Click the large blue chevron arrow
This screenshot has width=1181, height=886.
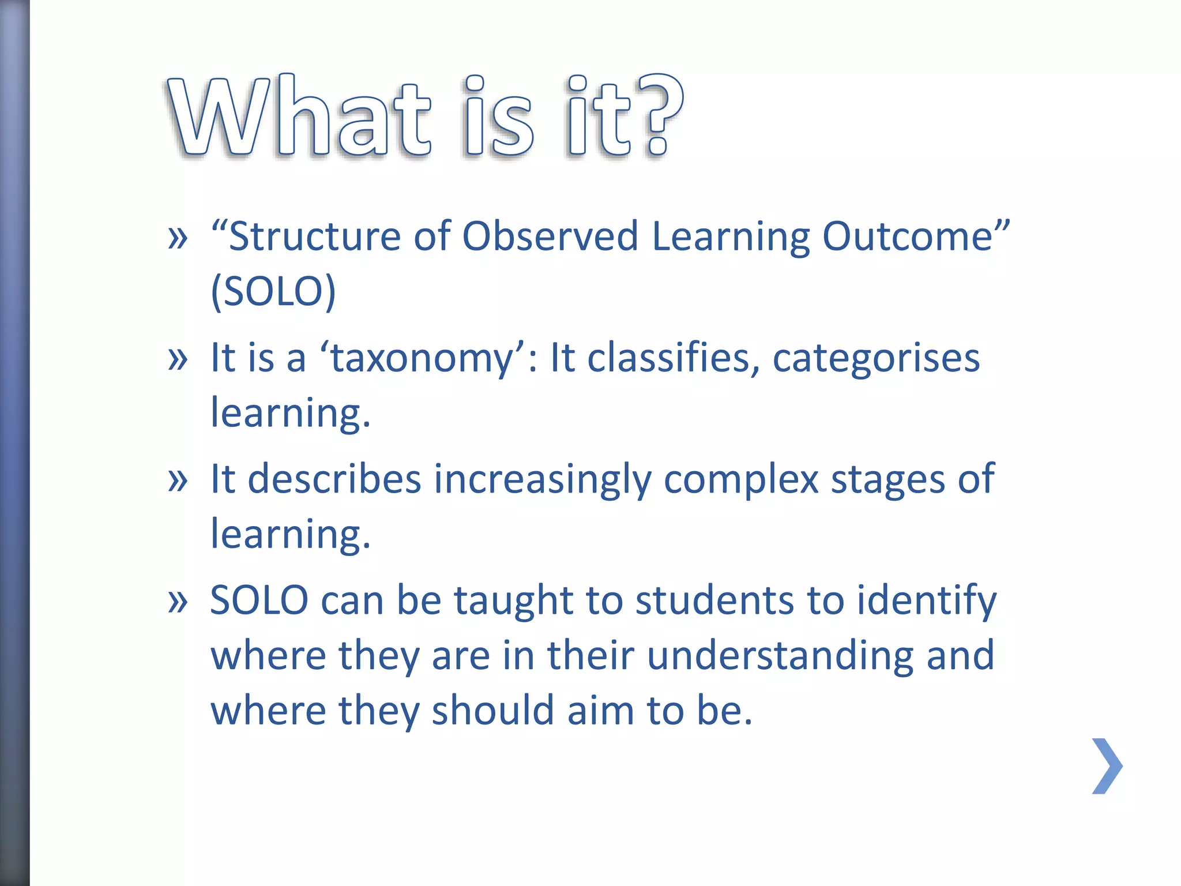tap(1107, 766)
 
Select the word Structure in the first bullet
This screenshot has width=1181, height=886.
tap(315, 237)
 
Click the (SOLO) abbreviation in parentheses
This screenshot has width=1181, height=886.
tap(273, 291)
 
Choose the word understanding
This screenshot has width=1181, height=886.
tap(780, 656)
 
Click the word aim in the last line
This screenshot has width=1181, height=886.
tap(600, 711)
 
